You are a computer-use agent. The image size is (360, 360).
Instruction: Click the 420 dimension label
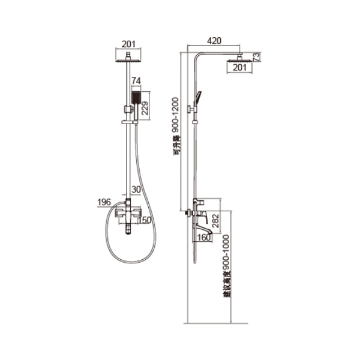tap(214, 41)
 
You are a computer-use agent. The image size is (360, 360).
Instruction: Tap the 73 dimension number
tap(256, 57)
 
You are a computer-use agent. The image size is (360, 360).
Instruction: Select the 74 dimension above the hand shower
tap(136, 81)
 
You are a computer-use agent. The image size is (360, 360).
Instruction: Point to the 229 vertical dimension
tap(145, 107)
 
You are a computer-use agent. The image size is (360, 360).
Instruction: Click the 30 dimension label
tap(136, 190)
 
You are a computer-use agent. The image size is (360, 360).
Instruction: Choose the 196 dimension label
tap(104, 202)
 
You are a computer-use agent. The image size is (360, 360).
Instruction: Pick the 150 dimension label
tap(145, 220)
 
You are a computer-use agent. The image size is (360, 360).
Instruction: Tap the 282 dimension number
tap(215, 221)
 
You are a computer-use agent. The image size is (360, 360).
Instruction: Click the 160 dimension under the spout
tap(204, 237)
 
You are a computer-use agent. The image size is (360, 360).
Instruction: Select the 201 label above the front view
tap(128, 44)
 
